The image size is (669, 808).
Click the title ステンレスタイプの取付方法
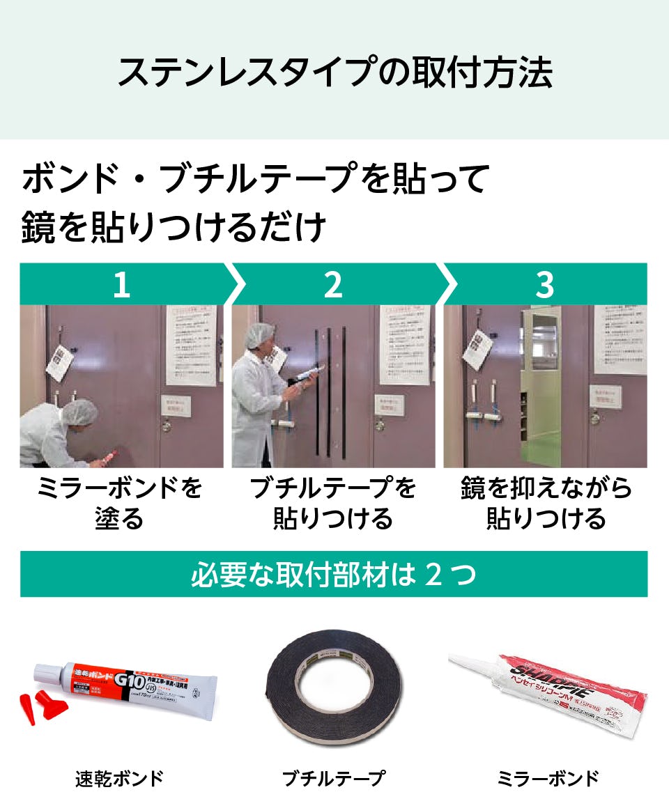[x=334, y=72]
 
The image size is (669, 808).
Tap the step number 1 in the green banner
[x=122, y=285]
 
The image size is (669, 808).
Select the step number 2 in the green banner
[x=333, y=285]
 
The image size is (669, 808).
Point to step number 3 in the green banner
[x=544, y=285]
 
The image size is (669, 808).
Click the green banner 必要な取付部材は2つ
[x=333, y=575]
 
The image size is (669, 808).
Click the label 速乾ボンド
[x=119, y=778]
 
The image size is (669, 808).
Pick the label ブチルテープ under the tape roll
[x=333, y=778]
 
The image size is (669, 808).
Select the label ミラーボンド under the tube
[x=548, y=778]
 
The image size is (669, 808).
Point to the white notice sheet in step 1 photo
[x=190, y=345]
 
